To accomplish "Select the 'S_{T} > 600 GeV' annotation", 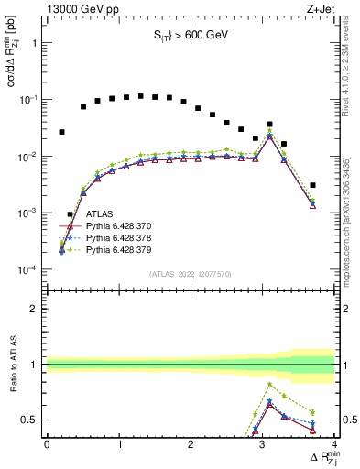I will pyautogui.click(x=190, y=36).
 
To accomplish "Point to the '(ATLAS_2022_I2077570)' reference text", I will pyautogui.click(x=190, y=273).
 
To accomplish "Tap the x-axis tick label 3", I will pyautogui.click(x=262, y=444).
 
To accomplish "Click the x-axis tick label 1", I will pyautogui.click(x=119, y=444).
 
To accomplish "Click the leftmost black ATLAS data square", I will pyautogui.click(x=61, y=132).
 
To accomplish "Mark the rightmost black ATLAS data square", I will pyautogui.click(x=312, y=185).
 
